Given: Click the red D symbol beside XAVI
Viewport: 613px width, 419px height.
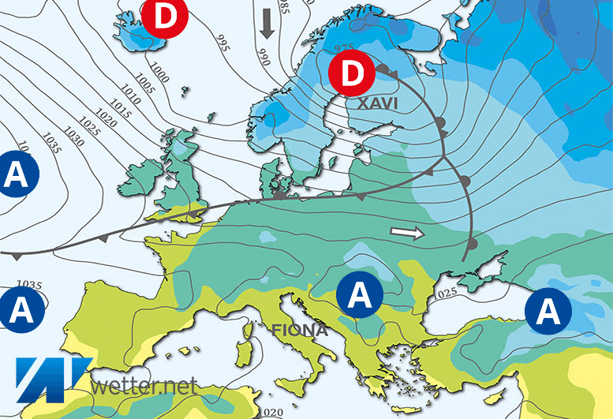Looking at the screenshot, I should pos(352,73).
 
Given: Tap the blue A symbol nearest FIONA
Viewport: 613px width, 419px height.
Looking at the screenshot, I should pos(359,295).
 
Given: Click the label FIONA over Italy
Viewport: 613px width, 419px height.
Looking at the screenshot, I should pos(301,330).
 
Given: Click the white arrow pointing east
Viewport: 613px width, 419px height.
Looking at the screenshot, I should pos(407,233).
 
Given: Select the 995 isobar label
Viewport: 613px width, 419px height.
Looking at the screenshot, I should pos(223,44).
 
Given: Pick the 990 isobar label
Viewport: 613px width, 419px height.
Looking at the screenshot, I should pos(264,57).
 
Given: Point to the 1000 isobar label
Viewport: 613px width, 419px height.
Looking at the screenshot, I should pos(161,73).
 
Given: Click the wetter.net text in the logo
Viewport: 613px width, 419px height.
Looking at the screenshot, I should pos(144,387).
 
